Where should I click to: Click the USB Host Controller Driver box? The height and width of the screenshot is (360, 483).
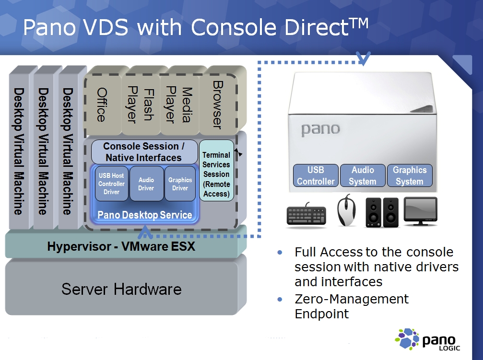coord(111,184)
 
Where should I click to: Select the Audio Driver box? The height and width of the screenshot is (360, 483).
coord(146,184)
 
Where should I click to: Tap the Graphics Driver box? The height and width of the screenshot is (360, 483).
coord(180,184)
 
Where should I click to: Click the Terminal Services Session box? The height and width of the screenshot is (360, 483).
coord(216,174)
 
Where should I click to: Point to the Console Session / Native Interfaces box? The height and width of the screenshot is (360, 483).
coord(144,152)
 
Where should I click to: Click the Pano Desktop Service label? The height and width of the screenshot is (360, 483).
coord(144,215)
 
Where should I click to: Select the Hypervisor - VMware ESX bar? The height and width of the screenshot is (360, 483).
coord(121,247)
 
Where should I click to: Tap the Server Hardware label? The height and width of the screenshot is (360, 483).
coord(121,289)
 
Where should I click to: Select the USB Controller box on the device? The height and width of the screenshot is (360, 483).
coord(316,175)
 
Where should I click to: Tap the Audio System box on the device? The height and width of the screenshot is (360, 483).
coord(363,175)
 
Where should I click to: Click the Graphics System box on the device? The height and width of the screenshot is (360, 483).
coord(409,175)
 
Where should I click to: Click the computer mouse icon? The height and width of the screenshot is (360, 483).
coord(346,211)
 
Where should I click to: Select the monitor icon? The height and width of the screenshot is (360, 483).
coord(420,211)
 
